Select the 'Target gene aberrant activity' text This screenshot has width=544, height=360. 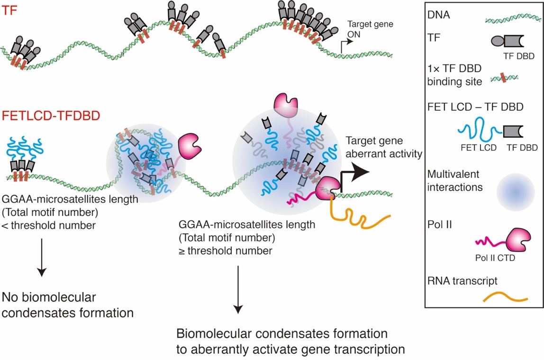click(x=383, y=146)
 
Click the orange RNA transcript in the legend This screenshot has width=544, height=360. click(x=505, y=298)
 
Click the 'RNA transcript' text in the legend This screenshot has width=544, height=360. click(x=462, y=281)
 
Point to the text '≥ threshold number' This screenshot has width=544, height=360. click(x=225, y=251)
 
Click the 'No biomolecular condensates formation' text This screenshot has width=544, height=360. click(x=67, y=306)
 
